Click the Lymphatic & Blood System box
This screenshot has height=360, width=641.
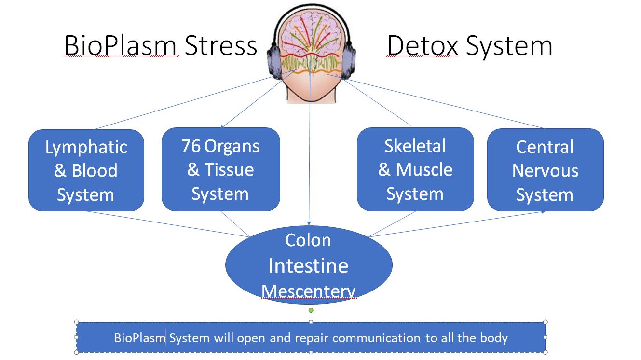(86, 170)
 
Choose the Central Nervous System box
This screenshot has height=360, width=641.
(545, 170)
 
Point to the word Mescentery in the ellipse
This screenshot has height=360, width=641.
(309, 291)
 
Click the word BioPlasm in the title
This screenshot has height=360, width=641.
(121, 46)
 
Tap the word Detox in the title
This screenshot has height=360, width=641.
(422, 46)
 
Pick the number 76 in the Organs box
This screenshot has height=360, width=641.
(191, 146)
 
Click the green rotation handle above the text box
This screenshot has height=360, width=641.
(311, 310)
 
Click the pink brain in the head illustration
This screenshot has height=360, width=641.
(311, 34)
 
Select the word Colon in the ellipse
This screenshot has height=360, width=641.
(308, 240)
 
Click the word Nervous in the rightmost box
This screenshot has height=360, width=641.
(545, 170)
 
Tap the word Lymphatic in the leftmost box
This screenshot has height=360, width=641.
(86, 147)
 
